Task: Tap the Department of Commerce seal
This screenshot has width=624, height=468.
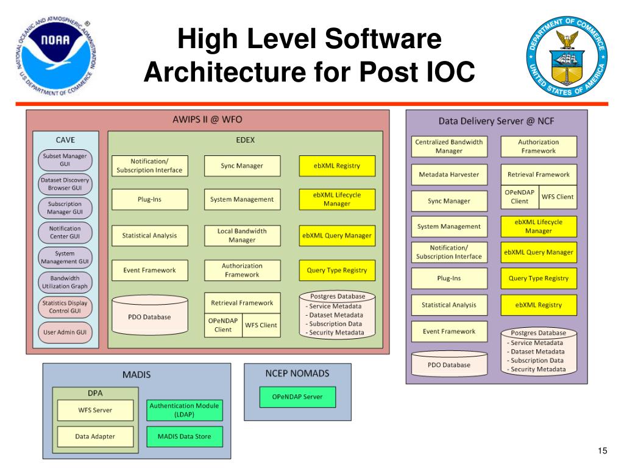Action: point(567,57)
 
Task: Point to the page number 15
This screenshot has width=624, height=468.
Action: point(602,450)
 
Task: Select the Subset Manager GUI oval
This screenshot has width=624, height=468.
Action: point(65,160)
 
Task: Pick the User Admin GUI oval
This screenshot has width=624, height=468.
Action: point(65,332)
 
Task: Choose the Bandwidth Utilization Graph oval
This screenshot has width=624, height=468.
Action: point(65,282)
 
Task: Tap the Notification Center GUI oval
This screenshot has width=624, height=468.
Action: point(65,232)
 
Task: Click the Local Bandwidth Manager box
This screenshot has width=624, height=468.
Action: point(242,236)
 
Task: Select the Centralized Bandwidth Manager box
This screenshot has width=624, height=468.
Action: point(449,146)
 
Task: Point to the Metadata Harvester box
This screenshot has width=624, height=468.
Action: point(449,174)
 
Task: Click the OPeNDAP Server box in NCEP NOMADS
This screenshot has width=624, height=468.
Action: point(297,397)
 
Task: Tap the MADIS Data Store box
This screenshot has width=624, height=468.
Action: point(184,436)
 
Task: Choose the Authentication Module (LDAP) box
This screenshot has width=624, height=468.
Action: point(184,410)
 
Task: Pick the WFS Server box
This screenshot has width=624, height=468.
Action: point(95,410)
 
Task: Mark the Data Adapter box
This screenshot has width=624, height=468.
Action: point(95,436)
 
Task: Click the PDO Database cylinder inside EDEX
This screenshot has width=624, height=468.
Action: point(150,315)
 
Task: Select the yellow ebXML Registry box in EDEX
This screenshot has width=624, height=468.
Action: point(337,166)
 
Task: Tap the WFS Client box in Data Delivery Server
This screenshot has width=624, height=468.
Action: point(558,197)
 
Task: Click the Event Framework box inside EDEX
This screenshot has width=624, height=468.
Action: point(150,270)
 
